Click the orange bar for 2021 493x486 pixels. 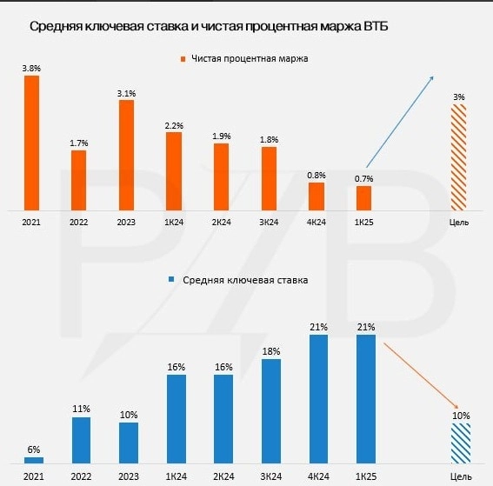point(31,143)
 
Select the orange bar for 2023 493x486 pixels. point(126,155)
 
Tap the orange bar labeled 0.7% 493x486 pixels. point(363,197)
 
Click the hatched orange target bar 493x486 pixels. point(459,156)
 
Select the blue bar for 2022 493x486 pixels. point(81,440)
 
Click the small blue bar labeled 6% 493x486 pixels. point(33,460)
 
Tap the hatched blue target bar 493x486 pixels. point(460,443)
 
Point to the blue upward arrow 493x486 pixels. point(399,121)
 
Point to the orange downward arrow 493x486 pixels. point(421,374)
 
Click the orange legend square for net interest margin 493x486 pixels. point(183,59)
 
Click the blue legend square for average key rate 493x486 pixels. point(172,280)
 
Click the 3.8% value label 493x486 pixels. point(31,67)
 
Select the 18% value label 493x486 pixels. point(270,350)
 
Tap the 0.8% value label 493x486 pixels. point(316,174)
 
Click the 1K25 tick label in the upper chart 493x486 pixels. point(363,223)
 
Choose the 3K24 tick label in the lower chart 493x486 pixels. point(270,476)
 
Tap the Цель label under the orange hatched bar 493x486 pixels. point(459,223)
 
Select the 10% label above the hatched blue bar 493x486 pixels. point(460,416)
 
